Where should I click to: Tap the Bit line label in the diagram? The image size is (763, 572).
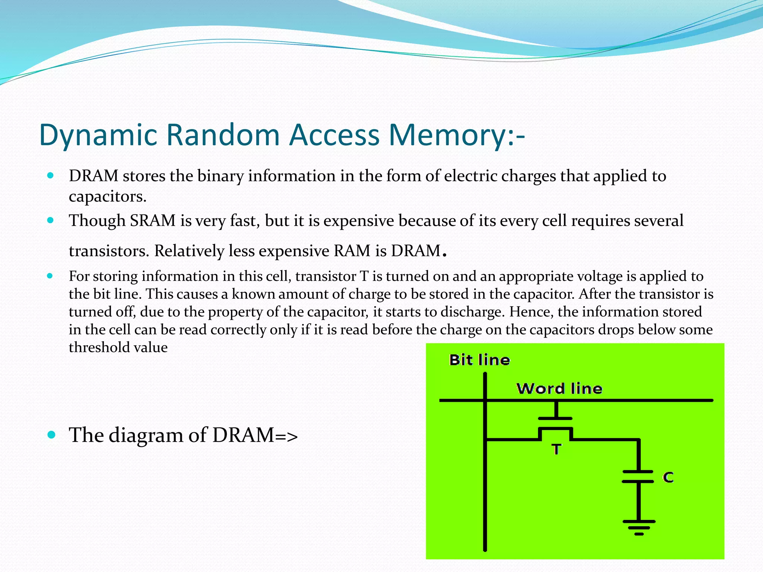click(x=479, y=360)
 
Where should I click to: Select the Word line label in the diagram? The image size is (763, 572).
click(x=559, y=389)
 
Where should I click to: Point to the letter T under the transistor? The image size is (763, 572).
click(x=556, y=449)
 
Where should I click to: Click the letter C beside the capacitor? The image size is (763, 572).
click(x=668, y=477)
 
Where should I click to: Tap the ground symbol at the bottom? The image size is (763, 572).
click(x=639, y=527)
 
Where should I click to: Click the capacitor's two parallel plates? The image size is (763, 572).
click(x=638, y=477)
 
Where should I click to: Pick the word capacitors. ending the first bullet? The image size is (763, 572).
click(x=108, y=197)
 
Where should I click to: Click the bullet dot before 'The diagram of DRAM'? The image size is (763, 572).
click(x=51, y=435)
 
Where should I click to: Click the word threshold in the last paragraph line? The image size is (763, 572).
click(x=99, y=347)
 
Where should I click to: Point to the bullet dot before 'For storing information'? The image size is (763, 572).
click(x=51, y=276)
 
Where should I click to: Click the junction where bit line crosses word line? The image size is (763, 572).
click(x=485, y=400)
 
